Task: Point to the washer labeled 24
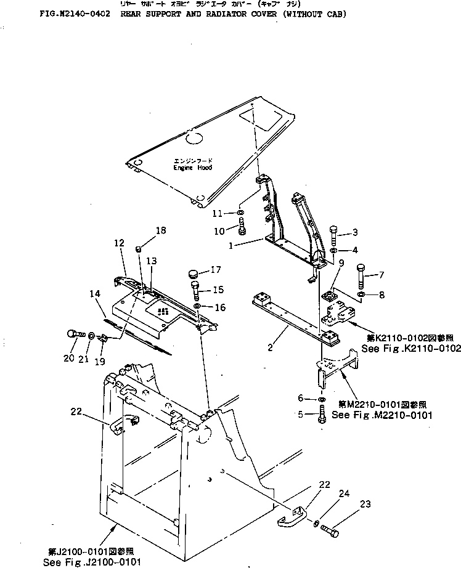[x=316, y=524]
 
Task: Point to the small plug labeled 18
[x=139, y=249]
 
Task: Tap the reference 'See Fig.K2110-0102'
[x=411, y=349]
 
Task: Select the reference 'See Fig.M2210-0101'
[x=382, y=415]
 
